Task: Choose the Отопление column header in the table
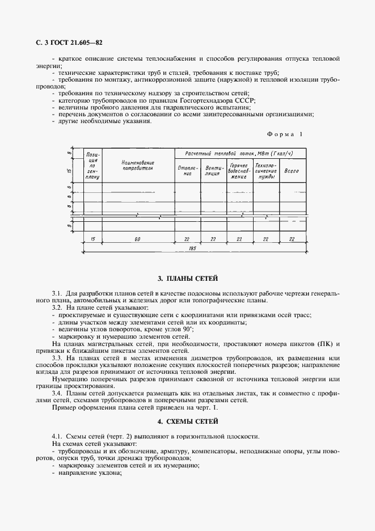click(x=188, y=171)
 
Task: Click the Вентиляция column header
click(x=212, y=171)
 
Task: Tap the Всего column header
click(x=292, y=170)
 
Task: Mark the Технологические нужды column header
click(x=266, y=170)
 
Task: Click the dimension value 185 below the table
click(x=192, y=248)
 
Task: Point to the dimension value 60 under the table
click(x=137, y=239)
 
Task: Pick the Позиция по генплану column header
click(x=92, y=165)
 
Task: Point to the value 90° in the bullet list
click(x=186, y=330)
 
